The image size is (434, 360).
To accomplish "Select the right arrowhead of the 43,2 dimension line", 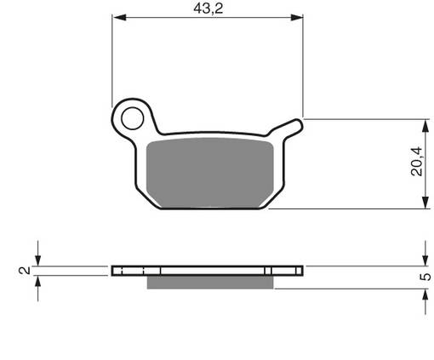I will [299, 17].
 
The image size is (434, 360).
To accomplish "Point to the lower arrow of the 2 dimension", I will [38, 282].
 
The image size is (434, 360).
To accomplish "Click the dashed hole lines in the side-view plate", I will [124, 271].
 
